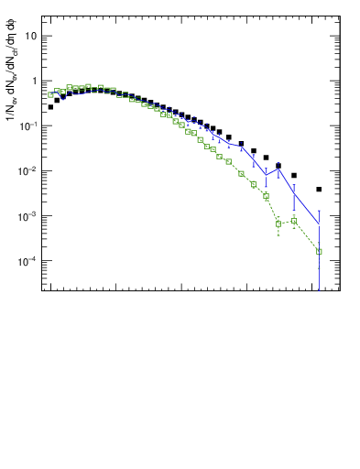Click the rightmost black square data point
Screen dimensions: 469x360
tap(319, 190)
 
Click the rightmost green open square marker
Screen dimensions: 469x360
tap(319, 251)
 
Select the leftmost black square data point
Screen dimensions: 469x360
tap(50, 107)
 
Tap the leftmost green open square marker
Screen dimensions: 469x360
tap(50, 94)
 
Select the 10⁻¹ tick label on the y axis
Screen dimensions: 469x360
tap(28, 125)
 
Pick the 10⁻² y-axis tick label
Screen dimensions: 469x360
tap(28, 171)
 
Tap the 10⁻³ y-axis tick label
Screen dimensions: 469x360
tap(28, 216)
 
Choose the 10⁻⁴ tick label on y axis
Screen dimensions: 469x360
tap(28, 261)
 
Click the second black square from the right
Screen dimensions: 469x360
tap(294, 175)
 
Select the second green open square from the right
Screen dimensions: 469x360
tap(294, 221)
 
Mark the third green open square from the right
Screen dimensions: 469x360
tap(278, 224)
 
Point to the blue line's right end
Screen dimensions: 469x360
tap(319, 224)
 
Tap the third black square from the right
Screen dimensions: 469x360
tap(278, 166)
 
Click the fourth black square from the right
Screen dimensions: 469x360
tap(266, 158)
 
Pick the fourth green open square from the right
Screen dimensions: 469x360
tap(266, 196)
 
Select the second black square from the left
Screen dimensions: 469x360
tap(57, 100)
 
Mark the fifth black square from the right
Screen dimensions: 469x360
tap(254, 150)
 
